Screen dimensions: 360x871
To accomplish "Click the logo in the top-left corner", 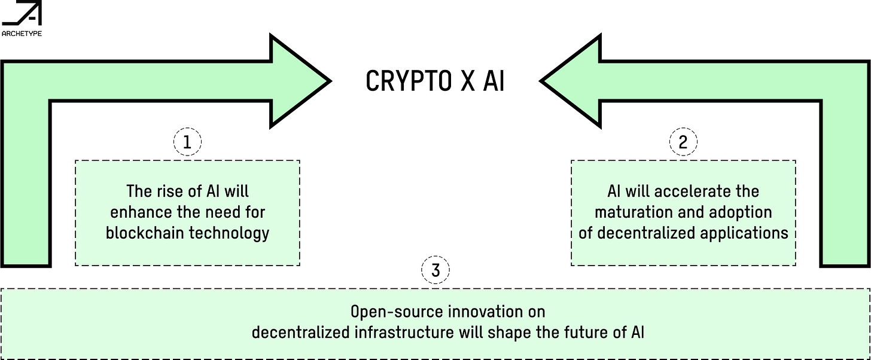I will tap(21, 20).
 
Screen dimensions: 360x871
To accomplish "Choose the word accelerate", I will tap(696, 192).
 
